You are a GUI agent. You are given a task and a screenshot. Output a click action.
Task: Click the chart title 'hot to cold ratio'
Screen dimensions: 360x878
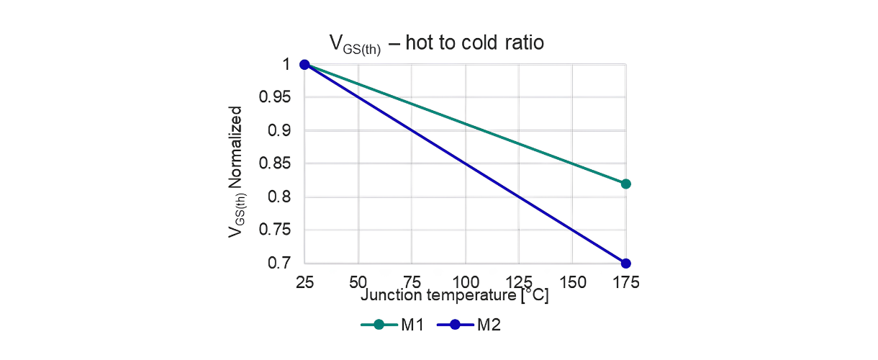[x=437, y=43]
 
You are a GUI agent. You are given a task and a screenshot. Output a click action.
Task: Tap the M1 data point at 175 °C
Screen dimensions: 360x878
[x=625, y=184]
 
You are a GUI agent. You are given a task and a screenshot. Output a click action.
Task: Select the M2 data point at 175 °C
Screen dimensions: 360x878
[x=625, y=263]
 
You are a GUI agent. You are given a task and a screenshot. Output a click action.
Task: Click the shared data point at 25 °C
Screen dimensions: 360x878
[x=304, y=65]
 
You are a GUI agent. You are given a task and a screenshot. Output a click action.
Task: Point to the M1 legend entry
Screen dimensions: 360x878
[x=392, y=325]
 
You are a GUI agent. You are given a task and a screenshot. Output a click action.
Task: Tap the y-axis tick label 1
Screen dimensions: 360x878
[x=286, y=65]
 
